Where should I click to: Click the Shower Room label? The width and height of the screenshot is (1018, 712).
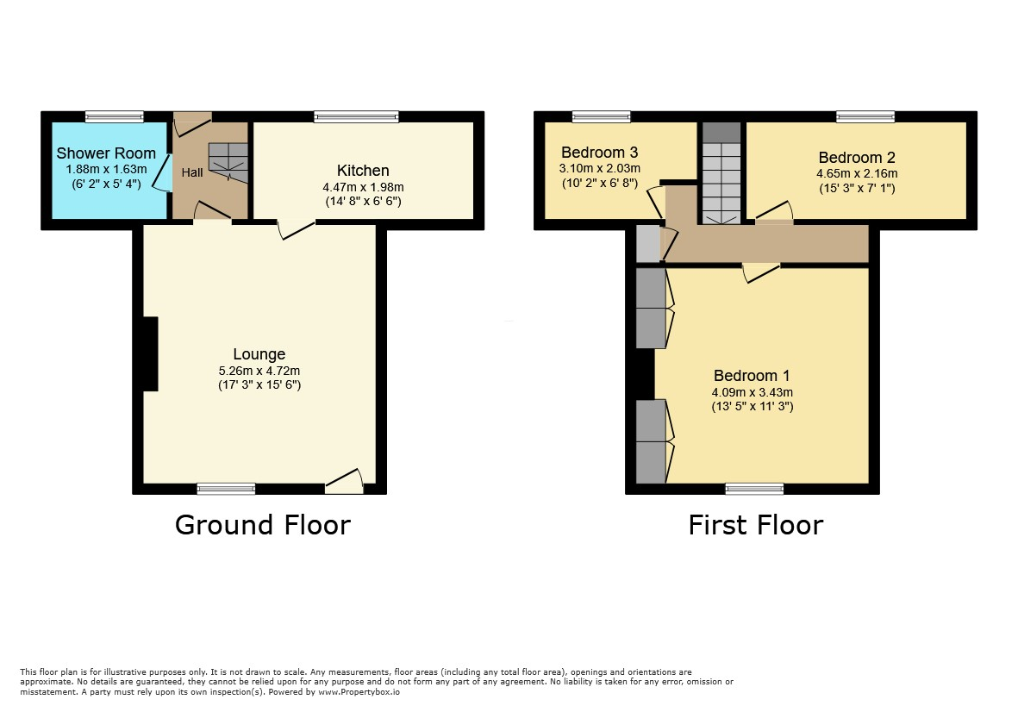click(106, 153)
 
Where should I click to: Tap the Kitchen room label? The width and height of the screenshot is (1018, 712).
click(363, 171)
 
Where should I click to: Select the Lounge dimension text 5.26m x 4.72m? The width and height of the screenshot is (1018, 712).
click(259, 372)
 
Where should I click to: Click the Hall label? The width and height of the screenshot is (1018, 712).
click(192, 172)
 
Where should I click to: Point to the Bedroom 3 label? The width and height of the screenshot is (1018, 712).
click(599, 153)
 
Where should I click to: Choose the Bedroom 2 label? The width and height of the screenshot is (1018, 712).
click(856, 158)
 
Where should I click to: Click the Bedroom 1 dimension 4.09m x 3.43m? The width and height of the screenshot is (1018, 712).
click(752, 393)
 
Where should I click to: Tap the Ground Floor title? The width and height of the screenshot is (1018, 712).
click(262, 525)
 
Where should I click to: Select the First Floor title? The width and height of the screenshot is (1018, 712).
click(756, 525)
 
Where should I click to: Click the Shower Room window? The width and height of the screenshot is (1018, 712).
click(115, 117)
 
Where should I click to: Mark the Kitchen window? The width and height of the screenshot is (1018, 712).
click(357, 117)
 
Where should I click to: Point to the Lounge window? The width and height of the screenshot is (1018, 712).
click(226, 489)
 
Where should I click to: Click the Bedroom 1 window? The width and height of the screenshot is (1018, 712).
click(754, 489)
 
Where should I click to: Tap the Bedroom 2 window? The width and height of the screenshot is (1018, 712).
click(865, 117)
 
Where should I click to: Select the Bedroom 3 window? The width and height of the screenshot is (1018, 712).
click(601, 117)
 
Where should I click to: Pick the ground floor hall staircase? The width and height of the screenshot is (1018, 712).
click(228, 163)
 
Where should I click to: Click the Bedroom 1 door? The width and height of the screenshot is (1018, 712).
click(761, 272)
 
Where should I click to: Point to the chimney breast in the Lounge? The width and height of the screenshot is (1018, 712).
click(151, 353)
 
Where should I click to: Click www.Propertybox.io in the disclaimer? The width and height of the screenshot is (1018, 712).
click(359, 692)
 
